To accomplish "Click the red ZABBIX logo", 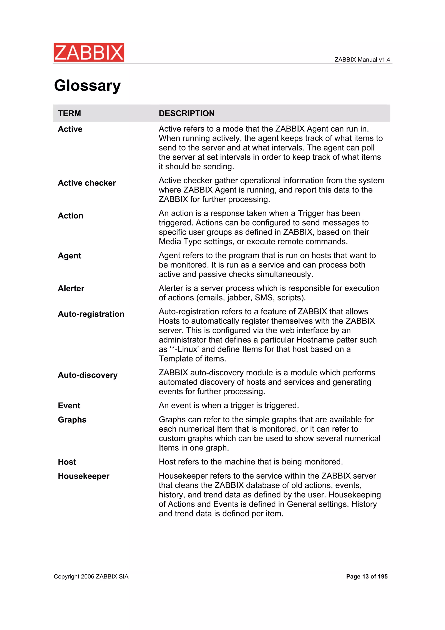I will [x=89, y=52].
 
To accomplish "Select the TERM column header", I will [x=69, y=113].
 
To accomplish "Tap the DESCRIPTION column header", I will [x=186, y=113].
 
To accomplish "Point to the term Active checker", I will [x=87, y=183].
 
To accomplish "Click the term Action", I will [x=70, y=216].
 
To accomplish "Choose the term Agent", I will [x=69, y=256].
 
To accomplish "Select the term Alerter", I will [x=71, y=288].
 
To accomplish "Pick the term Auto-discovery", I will [x=88, y=375].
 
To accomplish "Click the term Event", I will [x=69, y=406].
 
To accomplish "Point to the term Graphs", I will [x=72, y=420].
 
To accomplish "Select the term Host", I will [x=67, y=462].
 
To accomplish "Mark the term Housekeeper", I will [x=84, y=476].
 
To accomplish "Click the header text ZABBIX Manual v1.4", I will [x=362, y=60].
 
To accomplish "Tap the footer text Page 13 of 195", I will [x=367, y=577].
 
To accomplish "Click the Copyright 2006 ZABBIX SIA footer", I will [x=91, y=577].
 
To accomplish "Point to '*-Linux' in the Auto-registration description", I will [x=184, y=349].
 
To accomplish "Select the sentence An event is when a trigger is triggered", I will [x=229, y=406].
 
